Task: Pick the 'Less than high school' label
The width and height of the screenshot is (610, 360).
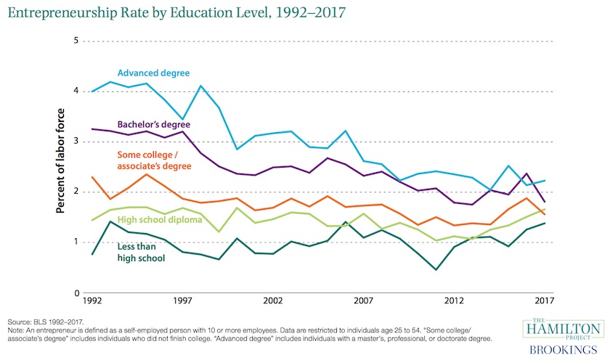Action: pos(141,252)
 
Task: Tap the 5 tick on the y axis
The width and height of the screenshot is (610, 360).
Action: pos(75,41)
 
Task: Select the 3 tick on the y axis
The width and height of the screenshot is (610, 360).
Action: pos(75,142)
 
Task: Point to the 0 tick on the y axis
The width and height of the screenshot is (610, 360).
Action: pos(75,293)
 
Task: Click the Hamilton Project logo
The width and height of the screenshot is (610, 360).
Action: pos(564,330)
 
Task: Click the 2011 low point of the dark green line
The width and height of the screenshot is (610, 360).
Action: pos(436,270)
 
